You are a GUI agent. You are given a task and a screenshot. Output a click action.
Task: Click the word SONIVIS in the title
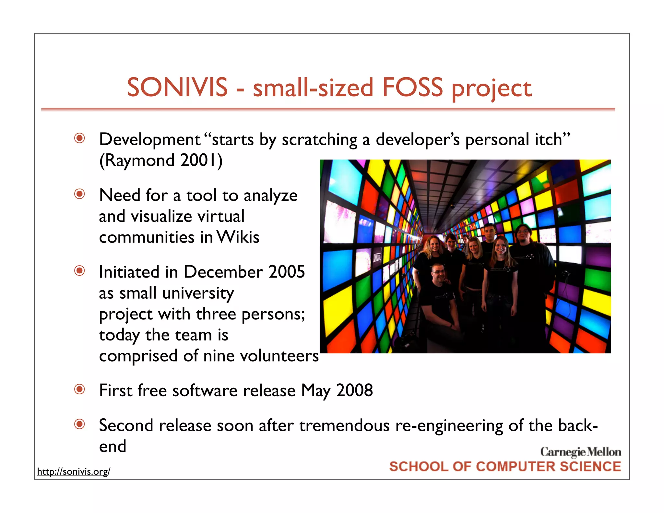(177, 88)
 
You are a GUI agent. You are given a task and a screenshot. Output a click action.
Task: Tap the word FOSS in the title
(412, 88)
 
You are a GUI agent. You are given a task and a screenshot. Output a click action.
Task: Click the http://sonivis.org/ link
(74, 471)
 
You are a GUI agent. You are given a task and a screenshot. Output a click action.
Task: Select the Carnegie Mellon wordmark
(580, 452)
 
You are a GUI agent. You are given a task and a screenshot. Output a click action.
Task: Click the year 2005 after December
(287, 272)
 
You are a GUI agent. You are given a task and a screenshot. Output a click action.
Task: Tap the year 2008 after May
(354, 390)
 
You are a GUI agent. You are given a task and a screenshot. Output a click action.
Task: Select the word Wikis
(238, 237)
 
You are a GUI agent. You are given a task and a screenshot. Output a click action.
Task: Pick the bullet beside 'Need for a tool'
(79, 194)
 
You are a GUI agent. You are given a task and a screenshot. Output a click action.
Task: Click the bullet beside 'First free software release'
(79, 389)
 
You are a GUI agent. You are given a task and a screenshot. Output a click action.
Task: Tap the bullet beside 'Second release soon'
(79, 424)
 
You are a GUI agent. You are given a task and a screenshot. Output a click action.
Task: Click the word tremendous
(344, 425)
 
